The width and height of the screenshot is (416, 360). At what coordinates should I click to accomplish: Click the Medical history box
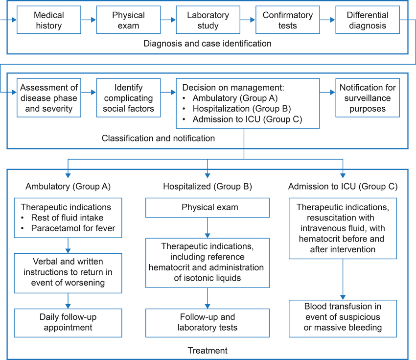pos(49,20)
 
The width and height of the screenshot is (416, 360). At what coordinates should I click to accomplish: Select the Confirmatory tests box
pos(288,20)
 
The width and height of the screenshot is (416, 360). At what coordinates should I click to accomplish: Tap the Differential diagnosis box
pos(368,20)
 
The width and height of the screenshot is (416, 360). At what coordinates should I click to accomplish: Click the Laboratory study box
pos(208,20)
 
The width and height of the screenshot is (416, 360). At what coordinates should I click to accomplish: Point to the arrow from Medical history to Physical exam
pos(89,20)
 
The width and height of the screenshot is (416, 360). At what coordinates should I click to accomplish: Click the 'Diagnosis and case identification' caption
pos(208,43)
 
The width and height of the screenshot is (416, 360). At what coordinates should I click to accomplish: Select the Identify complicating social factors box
pos(128,97)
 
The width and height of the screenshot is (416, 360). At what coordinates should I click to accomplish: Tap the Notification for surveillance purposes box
pos(368,97)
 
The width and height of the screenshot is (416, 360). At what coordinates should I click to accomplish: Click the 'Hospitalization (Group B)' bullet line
pos(242,109)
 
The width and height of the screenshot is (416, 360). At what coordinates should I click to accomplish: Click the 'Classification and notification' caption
pos(159,138)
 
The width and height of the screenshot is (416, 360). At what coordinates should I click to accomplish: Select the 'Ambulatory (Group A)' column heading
pos(68,187)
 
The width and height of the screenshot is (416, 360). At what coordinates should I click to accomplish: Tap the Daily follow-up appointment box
pos(68,323)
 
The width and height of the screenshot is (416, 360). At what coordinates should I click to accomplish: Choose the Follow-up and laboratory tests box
pos(208,323)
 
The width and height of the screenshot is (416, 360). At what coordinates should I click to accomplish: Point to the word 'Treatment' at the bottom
pos(208,350)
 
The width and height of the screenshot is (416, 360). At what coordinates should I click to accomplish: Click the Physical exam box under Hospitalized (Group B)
pos(208,208)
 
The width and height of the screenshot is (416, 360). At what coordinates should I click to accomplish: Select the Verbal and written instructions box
pos(68,273)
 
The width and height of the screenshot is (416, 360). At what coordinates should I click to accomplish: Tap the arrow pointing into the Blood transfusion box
pos(343,280)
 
